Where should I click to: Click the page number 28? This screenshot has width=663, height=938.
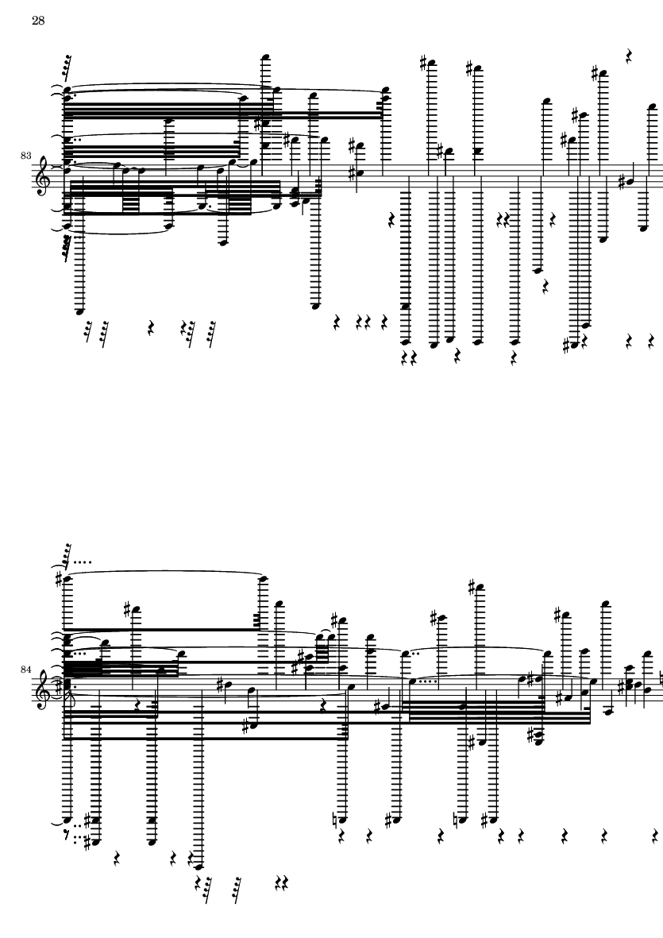37,21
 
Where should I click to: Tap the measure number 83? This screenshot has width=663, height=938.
25,156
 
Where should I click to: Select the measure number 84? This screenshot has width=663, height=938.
25,670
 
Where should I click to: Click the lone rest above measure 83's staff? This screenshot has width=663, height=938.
628,56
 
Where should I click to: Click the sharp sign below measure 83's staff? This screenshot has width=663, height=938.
567,345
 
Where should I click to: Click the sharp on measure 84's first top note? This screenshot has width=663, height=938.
60,580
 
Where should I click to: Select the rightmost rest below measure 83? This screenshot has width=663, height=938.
651,342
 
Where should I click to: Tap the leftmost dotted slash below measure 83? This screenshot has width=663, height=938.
88,332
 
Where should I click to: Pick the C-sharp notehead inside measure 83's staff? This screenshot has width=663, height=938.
357,174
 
